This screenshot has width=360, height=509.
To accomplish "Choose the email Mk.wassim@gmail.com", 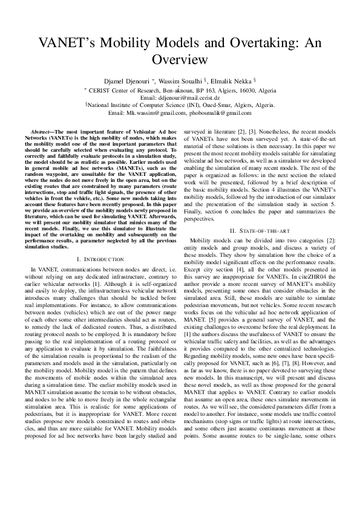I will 157,112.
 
